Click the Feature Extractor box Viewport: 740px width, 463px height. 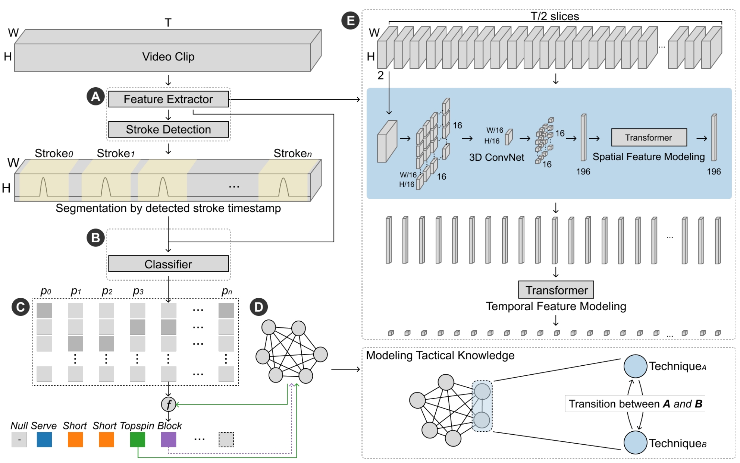(168, 99)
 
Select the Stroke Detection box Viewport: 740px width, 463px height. (168, 129)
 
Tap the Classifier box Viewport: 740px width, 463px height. (168, 264)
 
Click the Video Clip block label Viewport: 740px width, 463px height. (168, 57)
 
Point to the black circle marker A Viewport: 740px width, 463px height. (95, 97)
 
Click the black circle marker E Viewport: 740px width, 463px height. (351, 21)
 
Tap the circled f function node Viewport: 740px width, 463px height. (169, 404)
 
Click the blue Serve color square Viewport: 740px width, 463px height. (44, 440)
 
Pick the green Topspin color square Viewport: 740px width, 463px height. (137, 440)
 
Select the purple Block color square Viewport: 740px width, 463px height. (168, 440)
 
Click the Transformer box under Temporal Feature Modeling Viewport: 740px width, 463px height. (556, 290)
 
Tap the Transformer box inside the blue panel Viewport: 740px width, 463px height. (649, 138)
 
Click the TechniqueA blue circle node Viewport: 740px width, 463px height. (635, 366)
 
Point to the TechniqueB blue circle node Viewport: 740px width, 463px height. (635, 442)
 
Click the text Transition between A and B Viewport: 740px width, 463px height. (635, 404)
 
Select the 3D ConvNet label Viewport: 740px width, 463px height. (496, 157)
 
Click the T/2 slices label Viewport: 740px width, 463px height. (555, 16)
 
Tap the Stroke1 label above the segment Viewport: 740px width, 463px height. (116, 153)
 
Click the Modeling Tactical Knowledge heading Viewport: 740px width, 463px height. (440, 355)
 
